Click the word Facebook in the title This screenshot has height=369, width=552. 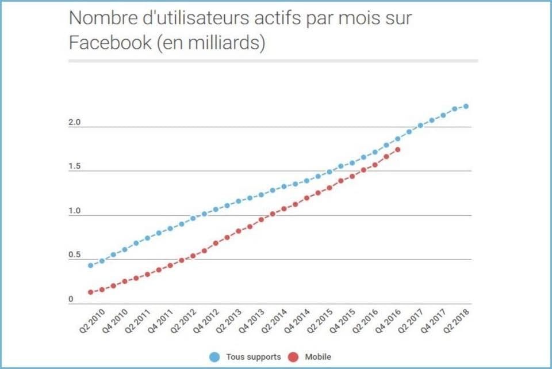[110, 42]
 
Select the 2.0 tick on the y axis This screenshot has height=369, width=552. [74, 122]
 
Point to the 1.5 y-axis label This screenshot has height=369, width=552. [74, 166]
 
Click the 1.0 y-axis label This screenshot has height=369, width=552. [74, 211]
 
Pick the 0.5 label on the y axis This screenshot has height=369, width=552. [74, 255]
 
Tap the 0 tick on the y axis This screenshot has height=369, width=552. [71, 299]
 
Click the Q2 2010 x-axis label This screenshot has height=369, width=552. [92, 321]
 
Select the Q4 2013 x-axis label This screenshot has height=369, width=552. [251, 321]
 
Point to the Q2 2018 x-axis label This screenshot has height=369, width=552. [456, 321]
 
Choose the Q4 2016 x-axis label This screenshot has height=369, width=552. [388, 321]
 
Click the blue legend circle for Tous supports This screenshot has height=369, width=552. [214, 357]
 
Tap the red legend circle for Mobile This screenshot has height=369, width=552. [293, 357]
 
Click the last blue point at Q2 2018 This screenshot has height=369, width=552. [466, 106]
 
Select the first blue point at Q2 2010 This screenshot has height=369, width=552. [90, 265]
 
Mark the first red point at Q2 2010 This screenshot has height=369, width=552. [90, 292]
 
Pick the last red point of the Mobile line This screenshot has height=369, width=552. [398, 150]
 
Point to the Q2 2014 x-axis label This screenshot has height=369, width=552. [274, 321]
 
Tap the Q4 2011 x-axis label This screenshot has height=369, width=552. [160, 321]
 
